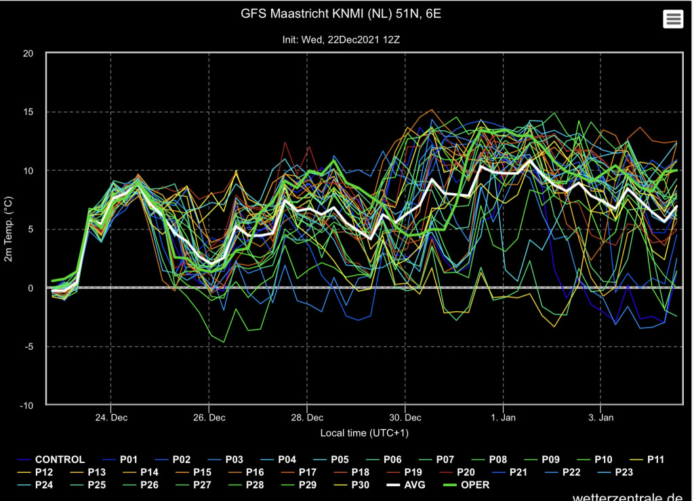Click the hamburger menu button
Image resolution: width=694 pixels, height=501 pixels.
[x=673, y=19]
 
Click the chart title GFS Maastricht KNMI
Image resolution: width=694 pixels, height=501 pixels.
[x=341, y=14]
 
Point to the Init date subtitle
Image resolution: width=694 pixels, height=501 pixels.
[x=341, y=40]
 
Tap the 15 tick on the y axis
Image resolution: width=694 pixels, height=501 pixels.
[x=28, y=112]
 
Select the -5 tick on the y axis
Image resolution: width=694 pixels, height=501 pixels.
[x=28, y=347]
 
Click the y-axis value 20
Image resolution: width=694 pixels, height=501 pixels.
[x=28, y=54]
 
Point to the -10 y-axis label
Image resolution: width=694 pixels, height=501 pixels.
[x=26, y=405]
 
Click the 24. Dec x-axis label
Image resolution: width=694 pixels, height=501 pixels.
[x=111, y=418]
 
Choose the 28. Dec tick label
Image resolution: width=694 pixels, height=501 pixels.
[x=307, y=418]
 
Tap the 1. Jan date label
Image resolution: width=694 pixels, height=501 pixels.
[x=504, y=418]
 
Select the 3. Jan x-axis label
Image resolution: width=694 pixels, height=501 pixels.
[x=601, y=418]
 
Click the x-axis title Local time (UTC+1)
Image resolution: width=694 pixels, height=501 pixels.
[x=364, y=433]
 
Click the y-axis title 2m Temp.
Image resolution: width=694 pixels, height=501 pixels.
[x=8, y=229]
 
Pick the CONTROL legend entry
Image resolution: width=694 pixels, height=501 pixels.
[x=51, y=460]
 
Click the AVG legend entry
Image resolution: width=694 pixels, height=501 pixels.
[x=406, y=485]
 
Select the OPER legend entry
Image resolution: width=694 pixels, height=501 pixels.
[x=466, y=485]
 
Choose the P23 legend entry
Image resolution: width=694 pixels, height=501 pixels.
[x=615, y=473]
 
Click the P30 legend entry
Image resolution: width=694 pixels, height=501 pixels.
[x=352, y=485]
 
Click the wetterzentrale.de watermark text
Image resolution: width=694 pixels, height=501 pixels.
[x=628, y=496]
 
